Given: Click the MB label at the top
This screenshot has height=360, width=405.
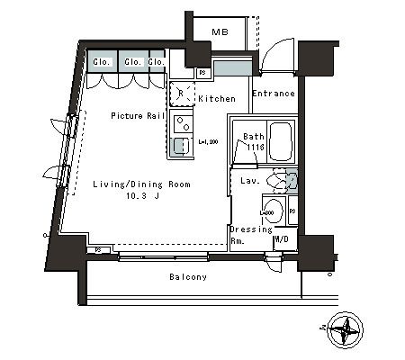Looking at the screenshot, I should [219, 33].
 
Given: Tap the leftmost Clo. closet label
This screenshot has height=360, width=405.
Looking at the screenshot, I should [101, 61].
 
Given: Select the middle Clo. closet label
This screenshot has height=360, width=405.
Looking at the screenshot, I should [130, 61].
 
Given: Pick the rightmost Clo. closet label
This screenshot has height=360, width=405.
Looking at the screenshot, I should [155, 61].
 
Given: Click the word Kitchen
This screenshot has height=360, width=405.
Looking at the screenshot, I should [217, 98].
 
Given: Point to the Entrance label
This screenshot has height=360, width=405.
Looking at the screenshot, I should [273, 94].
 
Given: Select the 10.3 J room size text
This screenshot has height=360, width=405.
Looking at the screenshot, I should [142, 195].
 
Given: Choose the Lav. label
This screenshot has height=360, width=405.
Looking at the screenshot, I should [251, 181].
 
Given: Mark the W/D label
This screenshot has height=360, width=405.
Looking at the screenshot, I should [282, 239].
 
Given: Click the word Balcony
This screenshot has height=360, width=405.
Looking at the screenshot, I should [188, 277].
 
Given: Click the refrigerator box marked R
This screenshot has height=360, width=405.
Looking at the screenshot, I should [181, 92].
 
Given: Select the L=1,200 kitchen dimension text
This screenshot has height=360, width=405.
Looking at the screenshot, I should [208, 141].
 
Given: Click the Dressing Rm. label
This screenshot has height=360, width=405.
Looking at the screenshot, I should [249, 235].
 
